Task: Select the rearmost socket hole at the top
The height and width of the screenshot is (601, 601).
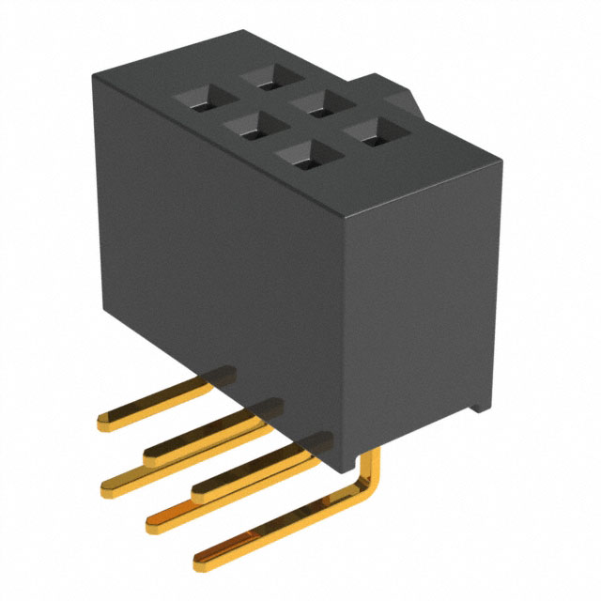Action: [260, 77]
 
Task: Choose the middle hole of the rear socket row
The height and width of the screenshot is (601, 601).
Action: [313, 104]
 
